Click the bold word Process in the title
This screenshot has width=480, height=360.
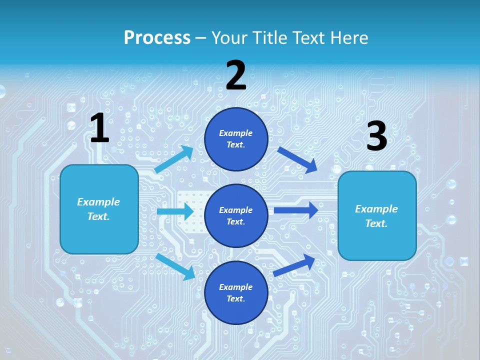[157, 37]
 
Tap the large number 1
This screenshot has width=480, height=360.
[99, 128]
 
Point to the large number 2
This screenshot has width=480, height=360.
[236, 75]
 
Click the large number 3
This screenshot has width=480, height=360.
[376, 136]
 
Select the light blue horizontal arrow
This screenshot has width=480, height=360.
[175, 211]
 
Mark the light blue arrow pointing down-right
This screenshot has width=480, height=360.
[175, 266]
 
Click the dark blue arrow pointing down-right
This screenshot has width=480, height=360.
[297, 159]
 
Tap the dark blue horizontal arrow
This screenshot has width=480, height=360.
[296, 210]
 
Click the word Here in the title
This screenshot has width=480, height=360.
[349, 37]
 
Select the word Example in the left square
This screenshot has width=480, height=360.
[98, 202]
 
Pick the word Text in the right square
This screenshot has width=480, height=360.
[376, 223]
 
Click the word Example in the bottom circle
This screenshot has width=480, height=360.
[236, 287]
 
